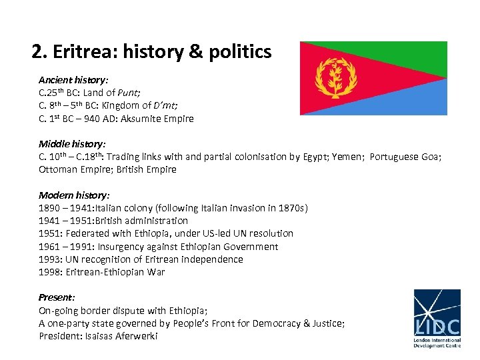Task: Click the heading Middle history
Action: (73, 144)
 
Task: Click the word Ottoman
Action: (59, 169)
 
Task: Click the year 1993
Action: (50, 259)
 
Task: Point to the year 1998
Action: (50, 272)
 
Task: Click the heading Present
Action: (56, 298)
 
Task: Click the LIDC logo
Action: (437, 319)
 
